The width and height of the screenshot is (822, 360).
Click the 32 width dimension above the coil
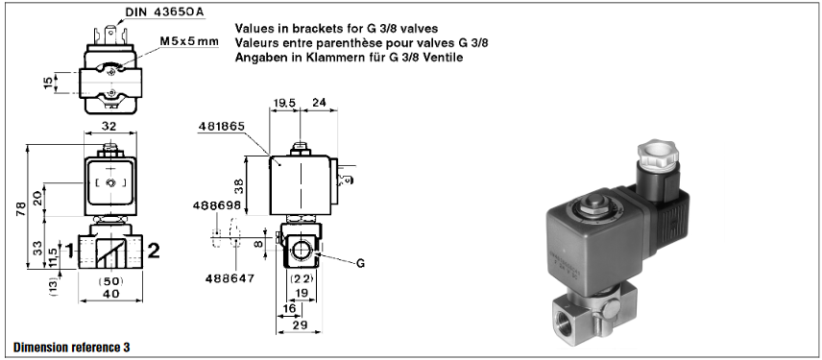click(109, 126)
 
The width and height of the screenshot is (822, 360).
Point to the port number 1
click(68, 252)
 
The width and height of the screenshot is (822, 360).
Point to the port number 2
click(153, 251)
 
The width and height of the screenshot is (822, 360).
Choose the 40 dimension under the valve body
click(111, 294)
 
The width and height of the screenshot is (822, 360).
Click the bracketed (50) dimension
click(110, 281)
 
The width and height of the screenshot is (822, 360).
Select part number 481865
click(222, 126)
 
